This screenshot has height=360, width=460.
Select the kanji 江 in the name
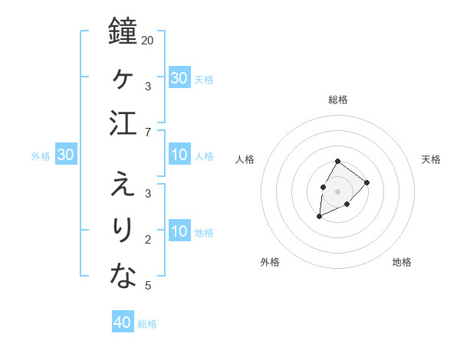(123, 124)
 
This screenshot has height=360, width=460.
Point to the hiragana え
(123, 183)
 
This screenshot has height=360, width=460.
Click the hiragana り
(123, 230)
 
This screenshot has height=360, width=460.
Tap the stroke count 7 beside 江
(147, 133)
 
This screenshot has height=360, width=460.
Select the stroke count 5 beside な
(147, 286)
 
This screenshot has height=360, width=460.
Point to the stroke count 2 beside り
(147, 239)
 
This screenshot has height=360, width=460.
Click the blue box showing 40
(123, 322)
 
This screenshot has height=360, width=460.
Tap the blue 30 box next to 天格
(179, 78)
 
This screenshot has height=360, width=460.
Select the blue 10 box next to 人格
(179, 155)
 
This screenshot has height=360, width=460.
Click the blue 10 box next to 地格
(179, 231)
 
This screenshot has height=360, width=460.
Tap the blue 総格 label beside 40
(147, 323)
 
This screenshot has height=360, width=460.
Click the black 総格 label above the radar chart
(337, 100)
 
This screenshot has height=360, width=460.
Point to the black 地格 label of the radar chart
(402, 262)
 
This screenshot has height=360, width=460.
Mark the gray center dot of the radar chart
(337, 190)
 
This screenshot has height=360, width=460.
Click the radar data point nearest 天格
(367, 182)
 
